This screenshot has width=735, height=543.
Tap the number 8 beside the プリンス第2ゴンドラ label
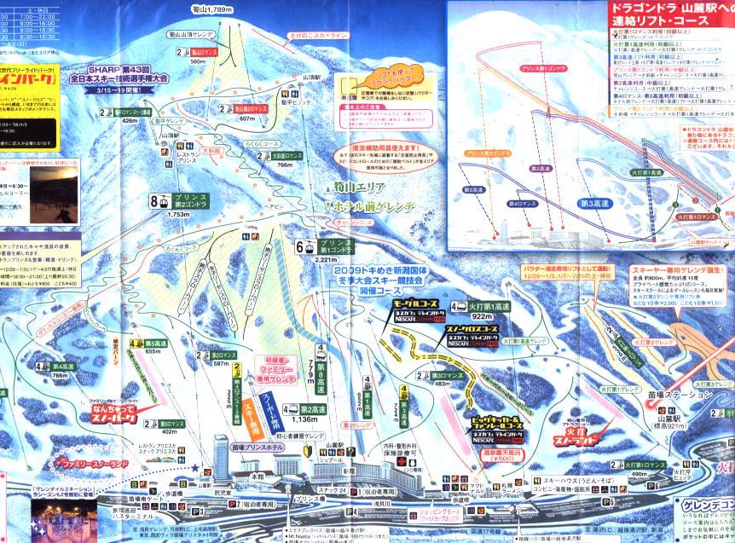(154, 202)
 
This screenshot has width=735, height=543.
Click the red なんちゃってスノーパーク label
(113, 414)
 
